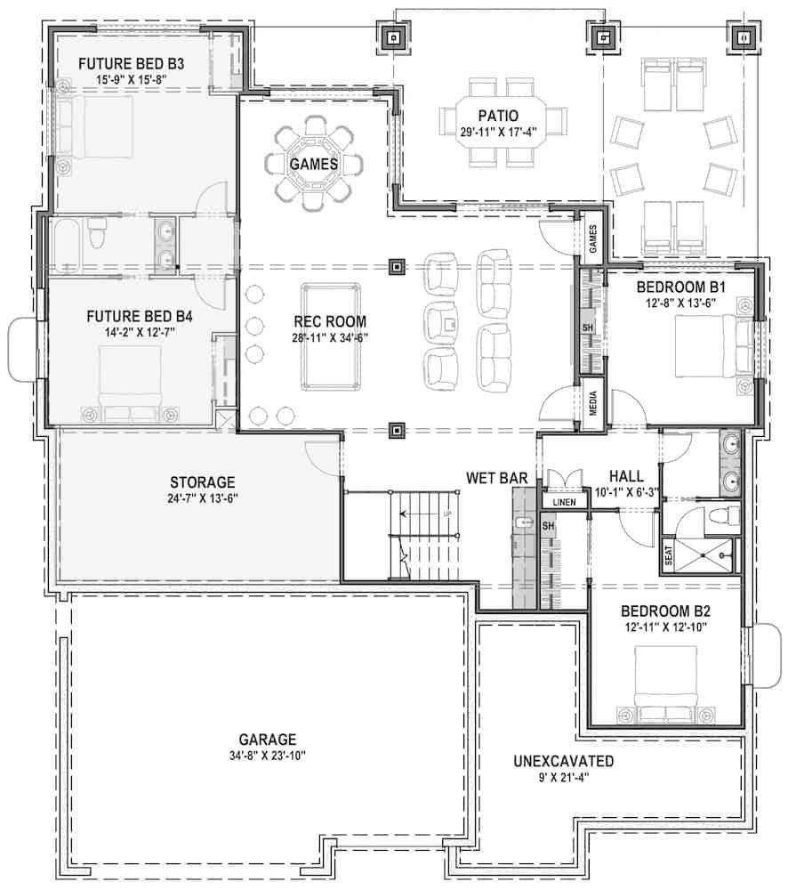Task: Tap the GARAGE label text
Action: tap(267, 740)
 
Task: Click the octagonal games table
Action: tap(313, 164)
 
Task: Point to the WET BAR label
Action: tap(497, 479)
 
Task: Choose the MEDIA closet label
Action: tap(591, 405)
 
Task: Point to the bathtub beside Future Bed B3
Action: tap(67, 245)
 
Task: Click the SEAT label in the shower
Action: tap(670, 557)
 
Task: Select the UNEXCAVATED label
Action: tap(564, 762)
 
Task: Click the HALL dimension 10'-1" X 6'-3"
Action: tap(626, 492)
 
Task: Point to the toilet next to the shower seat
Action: tap(724, 517)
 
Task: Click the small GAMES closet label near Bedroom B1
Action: tap(592, 239)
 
